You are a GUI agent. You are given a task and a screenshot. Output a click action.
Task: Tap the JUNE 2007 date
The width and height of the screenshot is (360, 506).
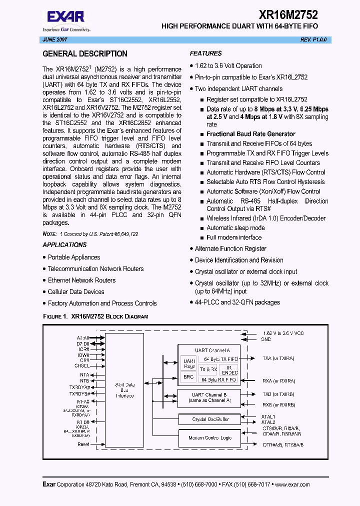point(53,39)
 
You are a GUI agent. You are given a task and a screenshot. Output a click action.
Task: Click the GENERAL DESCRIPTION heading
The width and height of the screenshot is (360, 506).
point(85,54)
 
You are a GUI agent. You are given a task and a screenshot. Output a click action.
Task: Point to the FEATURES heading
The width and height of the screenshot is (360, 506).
point(205,53)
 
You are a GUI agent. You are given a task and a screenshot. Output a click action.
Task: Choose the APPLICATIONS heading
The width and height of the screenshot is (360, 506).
point(64,245)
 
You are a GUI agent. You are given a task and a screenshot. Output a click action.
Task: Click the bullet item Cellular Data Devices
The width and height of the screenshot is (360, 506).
point(76,292)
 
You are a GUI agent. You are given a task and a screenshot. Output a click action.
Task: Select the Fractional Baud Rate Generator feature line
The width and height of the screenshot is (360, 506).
point(250,134)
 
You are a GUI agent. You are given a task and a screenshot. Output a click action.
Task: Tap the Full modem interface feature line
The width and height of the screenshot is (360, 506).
point(234,237)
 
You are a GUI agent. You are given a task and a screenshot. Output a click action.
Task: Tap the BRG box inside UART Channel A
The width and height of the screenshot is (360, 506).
point(188,377)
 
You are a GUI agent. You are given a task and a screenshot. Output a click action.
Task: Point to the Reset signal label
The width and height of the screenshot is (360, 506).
point(83,444)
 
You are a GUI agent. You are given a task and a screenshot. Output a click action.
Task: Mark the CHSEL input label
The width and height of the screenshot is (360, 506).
point(82,366)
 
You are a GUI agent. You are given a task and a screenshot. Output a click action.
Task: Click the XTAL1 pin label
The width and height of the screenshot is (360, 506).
point(268,416)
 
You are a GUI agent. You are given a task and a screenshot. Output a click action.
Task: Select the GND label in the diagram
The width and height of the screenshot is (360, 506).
point(266,339)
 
